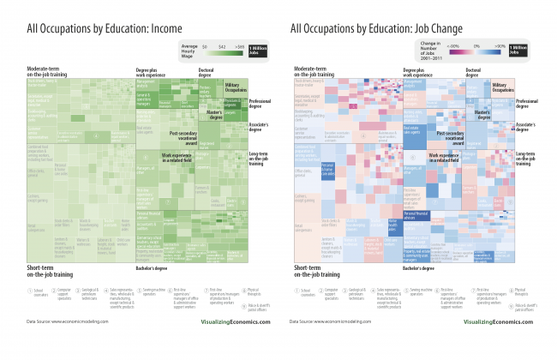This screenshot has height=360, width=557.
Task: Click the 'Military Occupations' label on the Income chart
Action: pos(233,87)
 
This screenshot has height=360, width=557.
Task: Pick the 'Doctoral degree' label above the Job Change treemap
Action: pos(475,71)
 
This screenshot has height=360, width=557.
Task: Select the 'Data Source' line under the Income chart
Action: pos(67,322)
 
